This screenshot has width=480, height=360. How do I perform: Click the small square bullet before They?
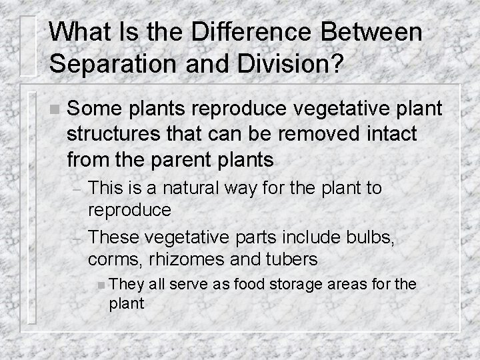99,285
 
